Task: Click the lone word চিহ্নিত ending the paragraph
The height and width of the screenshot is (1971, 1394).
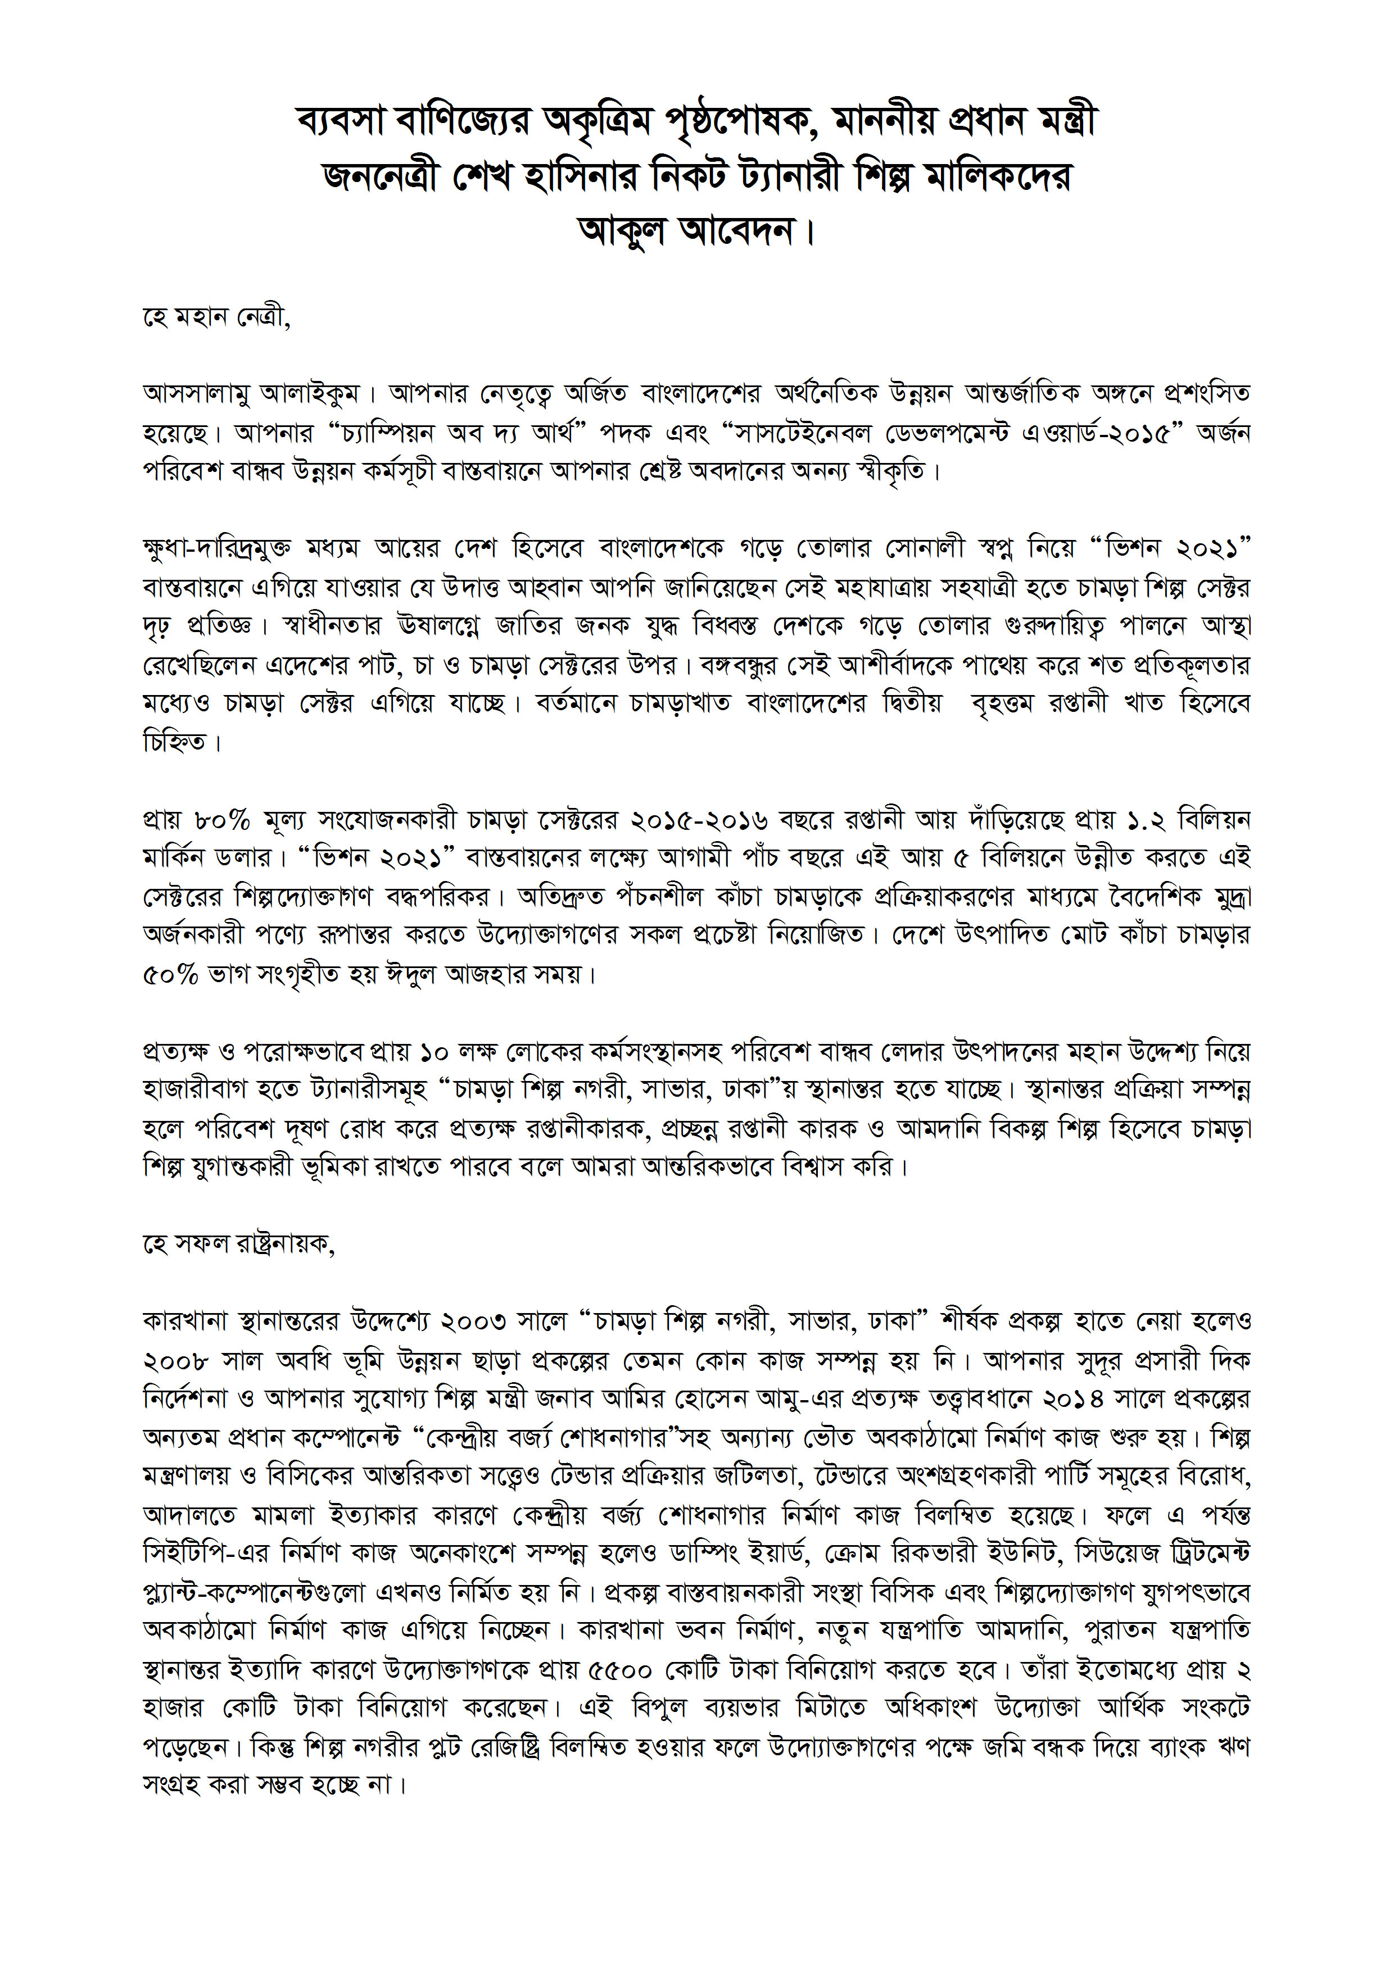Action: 175,741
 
